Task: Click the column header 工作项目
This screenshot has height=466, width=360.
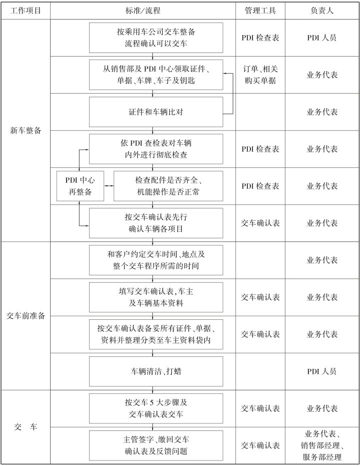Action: (x=25, y=10)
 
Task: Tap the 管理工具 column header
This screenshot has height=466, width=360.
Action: (x=260, y=10)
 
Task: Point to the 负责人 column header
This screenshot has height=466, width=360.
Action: (x=322, y=10)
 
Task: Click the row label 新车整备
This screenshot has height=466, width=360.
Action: (x=25, y=130)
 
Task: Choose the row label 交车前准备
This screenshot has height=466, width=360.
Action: (x=25, y=316)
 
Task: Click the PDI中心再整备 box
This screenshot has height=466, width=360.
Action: (x=80, y=186)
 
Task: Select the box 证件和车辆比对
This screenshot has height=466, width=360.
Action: (x=156, y=112)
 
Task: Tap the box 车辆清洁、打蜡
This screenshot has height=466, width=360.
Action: (x=156, y=371)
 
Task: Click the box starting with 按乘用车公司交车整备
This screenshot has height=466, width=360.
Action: (x=156, y=38)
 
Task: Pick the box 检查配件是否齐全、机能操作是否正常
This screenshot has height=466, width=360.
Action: (x=168, y=186)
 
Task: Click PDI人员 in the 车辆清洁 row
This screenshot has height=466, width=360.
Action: (x=322, y=371)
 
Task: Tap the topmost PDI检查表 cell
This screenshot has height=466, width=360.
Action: (x=260, y=38)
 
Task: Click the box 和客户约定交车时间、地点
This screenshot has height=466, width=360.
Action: (x=156, y=260)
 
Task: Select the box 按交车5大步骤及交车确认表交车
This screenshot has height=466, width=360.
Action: (x=156, y=408)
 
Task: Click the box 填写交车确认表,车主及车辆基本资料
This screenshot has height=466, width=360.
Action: (x=156, y=297)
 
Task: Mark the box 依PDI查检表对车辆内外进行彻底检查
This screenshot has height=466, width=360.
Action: (x=156, y=149)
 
